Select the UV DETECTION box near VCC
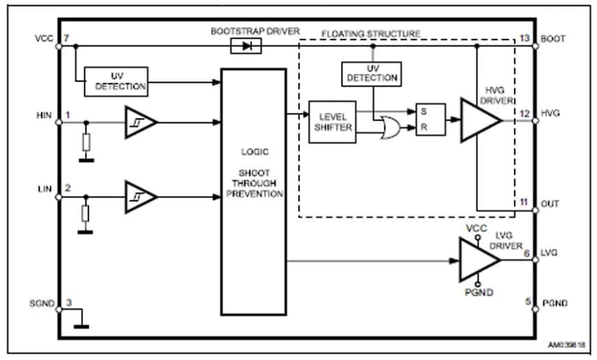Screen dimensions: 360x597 116,81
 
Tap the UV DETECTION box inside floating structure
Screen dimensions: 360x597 371,73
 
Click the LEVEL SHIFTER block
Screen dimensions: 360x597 332,121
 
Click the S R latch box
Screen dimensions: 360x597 430,119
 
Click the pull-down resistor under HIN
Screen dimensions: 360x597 86,142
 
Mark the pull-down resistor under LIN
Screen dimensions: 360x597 86,213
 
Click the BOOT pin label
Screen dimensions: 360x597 554,38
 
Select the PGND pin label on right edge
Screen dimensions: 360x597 555,303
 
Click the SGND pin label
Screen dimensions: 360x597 41,303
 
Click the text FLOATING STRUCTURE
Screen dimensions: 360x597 370,33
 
